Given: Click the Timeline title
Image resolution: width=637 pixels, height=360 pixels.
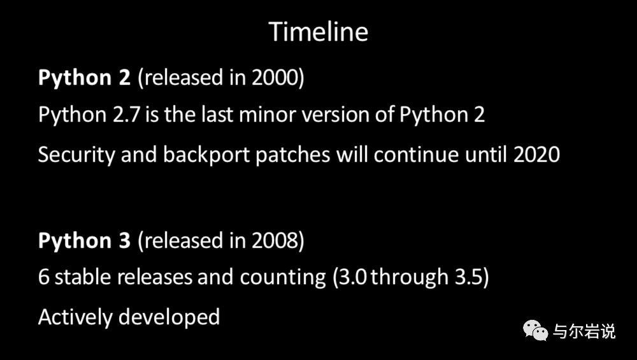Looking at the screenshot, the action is pos(318,32).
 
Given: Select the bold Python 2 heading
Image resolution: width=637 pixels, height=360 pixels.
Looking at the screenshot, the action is pos(84,78).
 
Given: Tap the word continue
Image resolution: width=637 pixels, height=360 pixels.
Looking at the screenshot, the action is pos(417,155).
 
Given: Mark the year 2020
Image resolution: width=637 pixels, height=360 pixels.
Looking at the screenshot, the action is pos(536,155).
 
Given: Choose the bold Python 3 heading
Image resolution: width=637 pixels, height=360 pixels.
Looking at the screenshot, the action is pos(84,241).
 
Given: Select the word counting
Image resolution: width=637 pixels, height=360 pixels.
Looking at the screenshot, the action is pos(283,278).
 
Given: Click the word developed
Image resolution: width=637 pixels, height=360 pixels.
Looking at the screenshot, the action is pos(169,317).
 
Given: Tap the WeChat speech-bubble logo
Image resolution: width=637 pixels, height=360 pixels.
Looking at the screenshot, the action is pos(536,330).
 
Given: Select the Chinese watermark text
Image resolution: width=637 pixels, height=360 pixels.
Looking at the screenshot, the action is pos(584,331).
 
